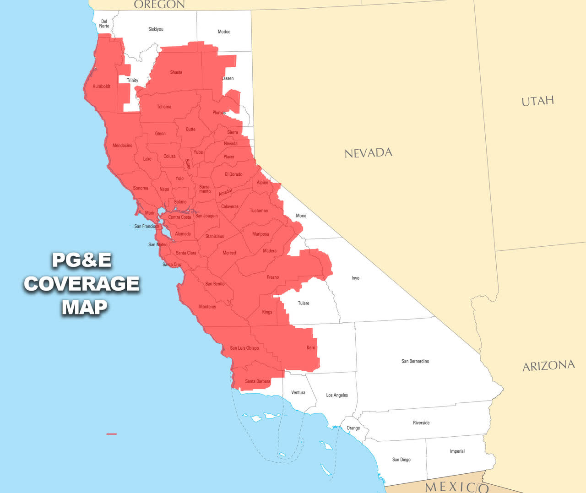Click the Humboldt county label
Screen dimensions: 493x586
pos(101,87)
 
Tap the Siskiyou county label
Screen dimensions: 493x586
pos(156,29)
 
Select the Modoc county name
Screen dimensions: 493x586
pos(224,32)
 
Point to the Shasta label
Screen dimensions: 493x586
pos(176,72)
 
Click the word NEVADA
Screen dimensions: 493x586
pos(368,153)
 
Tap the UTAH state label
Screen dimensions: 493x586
pos(537,101)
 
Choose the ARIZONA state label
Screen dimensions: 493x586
pos(548,366)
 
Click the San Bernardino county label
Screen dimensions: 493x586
pos(415,361)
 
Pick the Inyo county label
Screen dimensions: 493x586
pos(355,278)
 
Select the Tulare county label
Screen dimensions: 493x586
pos(303,303)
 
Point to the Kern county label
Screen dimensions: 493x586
pos(311,348)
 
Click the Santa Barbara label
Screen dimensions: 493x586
pos(257,381)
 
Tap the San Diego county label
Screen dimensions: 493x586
pos(401,460)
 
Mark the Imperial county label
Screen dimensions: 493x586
pos(457,451)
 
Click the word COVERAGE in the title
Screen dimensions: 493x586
pos(81,284)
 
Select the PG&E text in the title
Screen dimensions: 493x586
pos(81,260)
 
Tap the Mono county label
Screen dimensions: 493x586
pos(301,216)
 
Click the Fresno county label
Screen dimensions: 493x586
pos(273,277)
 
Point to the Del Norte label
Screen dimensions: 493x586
pos(104,24)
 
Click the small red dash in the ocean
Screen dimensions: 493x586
pos(111,434)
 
